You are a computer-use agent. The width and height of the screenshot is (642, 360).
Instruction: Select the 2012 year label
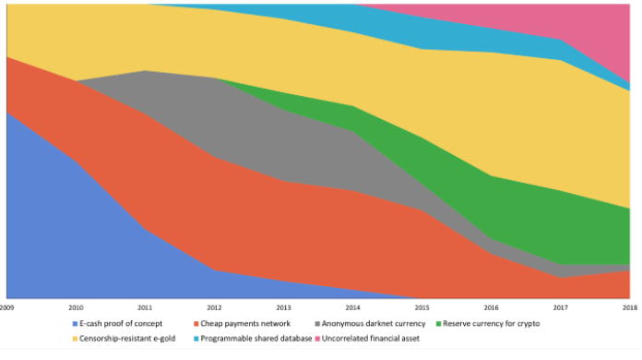[x=214, y=307]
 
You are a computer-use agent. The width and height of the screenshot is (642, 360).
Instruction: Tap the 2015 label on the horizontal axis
[x=422, y=307]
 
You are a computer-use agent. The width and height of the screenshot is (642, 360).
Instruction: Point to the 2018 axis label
[x=630, y=307]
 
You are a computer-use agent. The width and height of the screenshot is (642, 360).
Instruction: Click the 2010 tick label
[x=76, y=307]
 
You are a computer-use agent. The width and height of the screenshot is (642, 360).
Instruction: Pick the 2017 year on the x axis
[x=560, y=307]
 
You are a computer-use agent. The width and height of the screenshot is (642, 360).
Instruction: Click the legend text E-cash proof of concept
[x=121, y=324]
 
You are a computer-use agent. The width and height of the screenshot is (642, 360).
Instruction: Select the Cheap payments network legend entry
[x=245, y=324]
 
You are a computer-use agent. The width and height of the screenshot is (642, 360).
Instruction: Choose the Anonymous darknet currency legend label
[x=374, y=324]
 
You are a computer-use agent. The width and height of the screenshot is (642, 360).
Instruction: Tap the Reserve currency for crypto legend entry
[x=492, y=324]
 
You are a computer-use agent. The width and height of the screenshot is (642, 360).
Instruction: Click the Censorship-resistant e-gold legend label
[x=127, y=338]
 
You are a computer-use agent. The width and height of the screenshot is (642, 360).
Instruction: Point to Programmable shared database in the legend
[x=256, y=338]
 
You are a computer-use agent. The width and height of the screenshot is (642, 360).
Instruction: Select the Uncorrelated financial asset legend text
[x=371, y=338]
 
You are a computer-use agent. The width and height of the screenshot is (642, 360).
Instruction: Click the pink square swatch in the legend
[x=317, y=339]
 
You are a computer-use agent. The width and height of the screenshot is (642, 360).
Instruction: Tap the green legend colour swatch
[x=438, y=324]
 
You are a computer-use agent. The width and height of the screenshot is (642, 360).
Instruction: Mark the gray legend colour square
[x=317, y=324]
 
